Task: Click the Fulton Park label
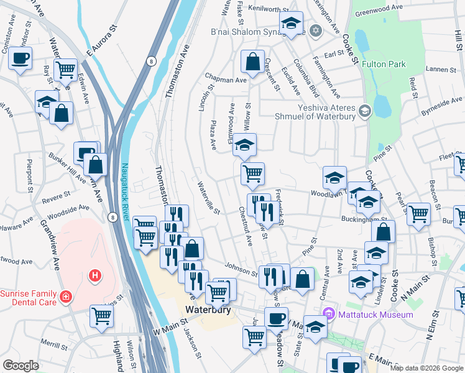(x=384, y=64)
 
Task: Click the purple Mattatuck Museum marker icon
(x=330, y=315)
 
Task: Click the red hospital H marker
(x=95, y=274)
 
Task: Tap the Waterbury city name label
(x=209, y=310)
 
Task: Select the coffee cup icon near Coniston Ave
(x=21, y=59)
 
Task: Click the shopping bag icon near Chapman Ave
(x=252, y=62)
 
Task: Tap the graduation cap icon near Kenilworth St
(x=290, y=24)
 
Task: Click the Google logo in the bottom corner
(x=21, y=365)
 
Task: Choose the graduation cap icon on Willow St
(x=244, y=147)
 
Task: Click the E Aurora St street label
(x=103, y=39)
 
